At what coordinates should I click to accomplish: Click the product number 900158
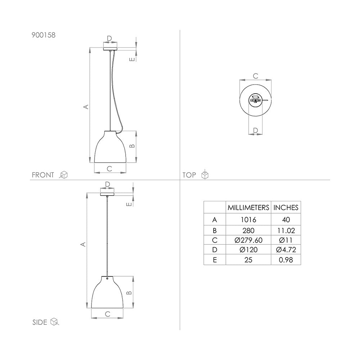(44, 35)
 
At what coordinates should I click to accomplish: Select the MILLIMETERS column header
(248, 207)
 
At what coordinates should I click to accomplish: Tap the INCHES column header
(286, 207)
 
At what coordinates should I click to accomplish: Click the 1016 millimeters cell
(248, 220)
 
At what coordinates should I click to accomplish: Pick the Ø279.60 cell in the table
(248, 240)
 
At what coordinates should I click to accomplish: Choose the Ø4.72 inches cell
(286, 249)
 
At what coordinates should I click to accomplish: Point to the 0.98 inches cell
(286, 260)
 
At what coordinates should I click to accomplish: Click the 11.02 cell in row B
(286, 230)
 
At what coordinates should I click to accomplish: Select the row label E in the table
(215, 260)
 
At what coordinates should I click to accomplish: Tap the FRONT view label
(43, 175)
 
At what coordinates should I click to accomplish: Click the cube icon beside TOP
(204, 175)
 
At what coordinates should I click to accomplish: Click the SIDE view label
(40, 322)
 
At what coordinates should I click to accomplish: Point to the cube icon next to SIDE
(54, 321)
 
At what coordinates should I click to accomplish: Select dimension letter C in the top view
(255, 76)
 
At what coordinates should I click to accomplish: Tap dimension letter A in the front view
(85, 107)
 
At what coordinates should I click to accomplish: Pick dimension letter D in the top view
(255, 130)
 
